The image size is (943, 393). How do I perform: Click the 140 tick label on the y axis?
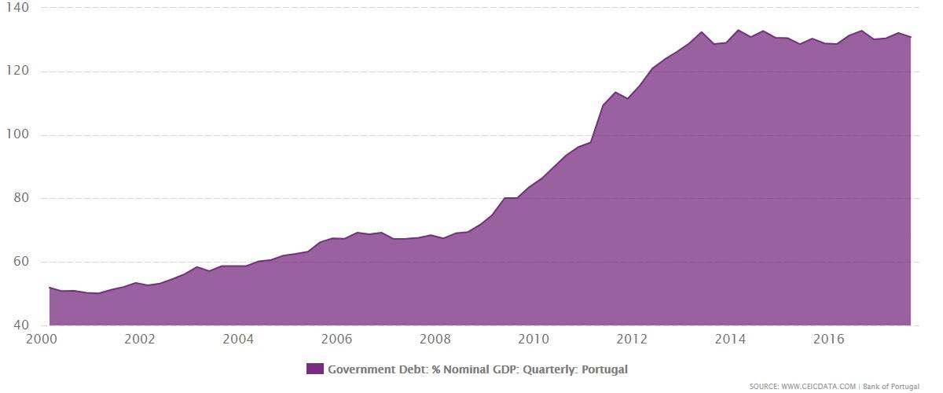click(17, 8)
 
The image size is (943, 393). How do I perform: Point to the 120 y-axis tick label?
click(17, 72)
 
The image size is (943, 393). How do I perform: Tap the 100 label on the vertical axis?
click(17, 135)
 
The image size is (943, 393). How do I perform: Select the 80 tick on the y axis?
click(20, 198)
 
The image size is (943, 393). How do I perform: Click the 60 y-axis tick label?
click(20, 262)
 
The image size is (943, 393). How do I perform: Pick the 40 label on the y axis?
click(20, 325)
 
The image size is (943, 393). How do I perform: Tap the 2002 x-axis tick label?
click(140, 339)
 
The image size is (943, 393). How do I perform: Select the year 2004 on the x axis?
click(238, 339)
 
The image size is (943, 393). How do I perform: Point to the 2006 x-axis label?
click(336, 339)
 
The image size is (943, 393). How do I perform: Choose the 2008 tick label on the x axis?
click(435, 339)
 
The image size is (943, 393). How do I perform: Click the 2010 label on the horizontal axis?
click(534, 339)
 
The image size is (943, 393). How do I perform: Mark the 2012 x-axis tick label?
click(632, 339)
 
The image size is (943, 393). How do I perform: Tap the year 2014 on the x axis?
click(731, 339)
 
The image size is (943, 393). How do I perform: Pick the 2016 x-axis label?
click(829, 339)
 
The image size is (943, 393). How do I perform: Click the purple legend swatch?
click(314, 369)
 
